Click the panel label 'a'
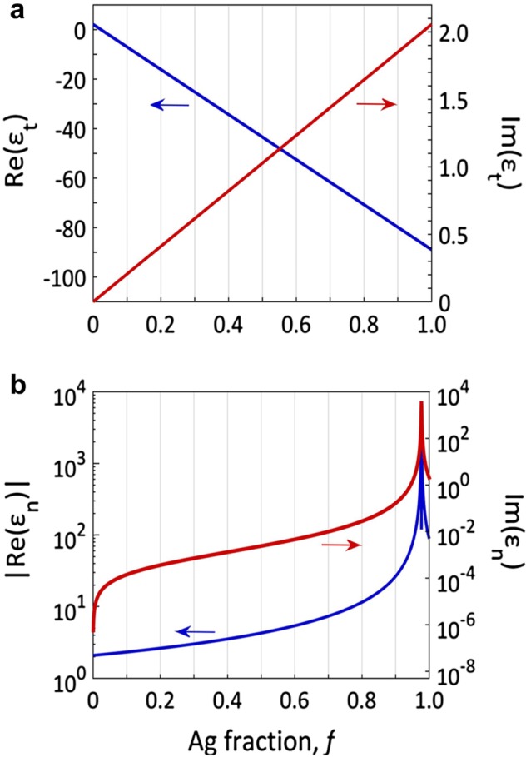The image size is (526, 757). [9, 12]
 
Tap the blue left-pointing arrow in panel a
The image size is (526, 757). [169, 105]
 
